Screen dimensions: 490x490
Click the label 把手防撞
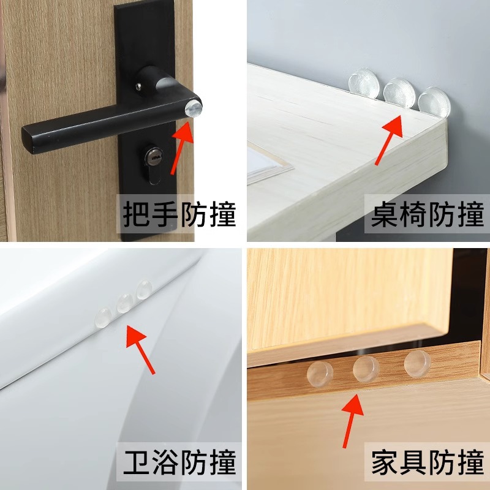[x=179, y=215]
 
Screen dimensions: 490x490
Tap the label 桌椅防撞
[x=428, y=215]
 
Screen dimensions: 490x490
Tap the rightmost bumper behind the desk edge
[x=433, y=101]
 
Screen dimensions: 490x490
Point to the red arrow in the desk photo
[x=390, y=140]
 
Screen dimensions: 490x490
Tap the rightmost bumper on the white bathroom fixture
[x=145, y=290]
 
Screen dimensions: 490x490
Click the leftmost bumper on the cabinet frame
[x=319, y=374]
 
